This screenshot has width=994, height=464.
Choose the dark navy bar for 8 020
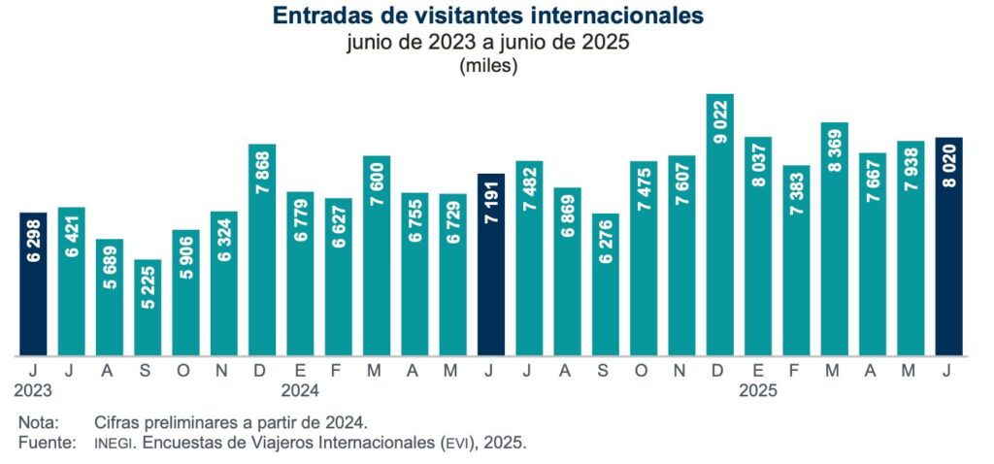[x=948, y=247]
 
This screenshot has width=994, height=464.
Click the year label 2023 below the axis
[x=33, y=391]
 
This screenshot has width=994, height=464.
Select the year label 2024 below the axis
[x=300, y=391]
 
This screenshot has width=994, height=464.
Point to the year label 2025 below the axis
[x=758, y=391]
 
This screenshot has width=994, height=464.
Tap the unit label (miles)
[x=489, y=67]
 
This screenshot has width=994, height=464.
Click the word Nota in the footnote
[x=39, y=423]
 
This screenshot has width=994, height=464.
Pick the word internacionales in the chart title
[x=613, y=17]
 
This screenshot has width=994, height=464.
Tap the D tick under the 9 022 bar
[x=719, y=370]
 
